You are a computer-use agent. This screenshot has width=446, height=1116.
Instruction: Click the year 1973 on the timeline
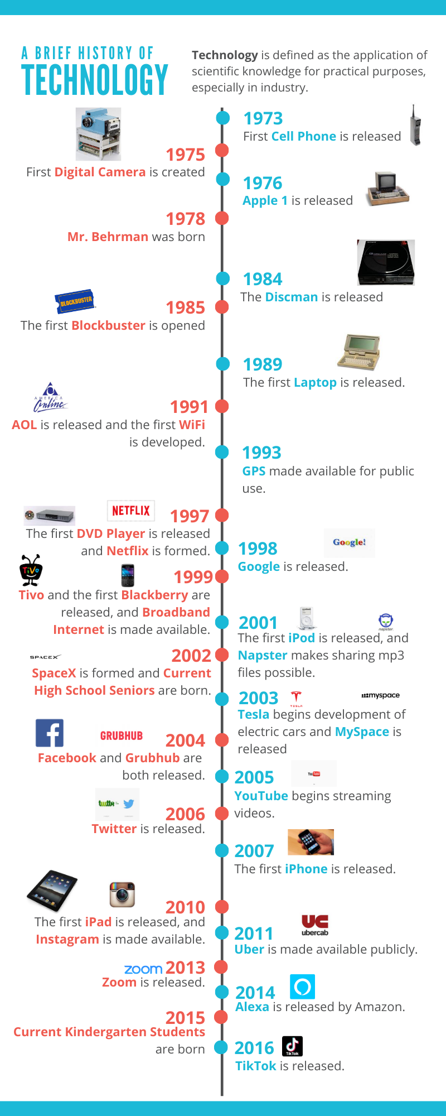pyautogui.click(x=263, y=119)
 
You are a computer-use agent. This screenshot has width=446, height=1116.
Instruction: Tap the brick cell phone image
pyautogui.click(x=415, y=126)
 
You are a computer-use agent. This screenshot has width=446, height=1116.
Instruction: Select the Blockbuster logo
pyautogui.click(x=75, y=301)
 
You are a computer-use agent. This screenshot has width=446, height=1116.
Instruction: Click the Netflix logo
pyautogui.click(x=131, y=511)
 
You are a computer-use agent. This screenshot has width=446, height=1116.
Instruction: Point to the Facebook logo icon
pyautogui.click(x=50, y=733)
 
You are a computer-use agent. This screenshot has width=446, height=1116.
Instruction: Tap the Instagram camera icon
pyautogui.click(x=122, y=894)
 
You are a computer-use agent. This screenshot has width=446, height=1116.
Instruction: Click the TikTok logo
pyautogui.click(x=292, y=1046)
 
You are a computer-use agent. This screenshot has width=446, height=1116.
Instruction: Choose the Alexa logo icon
pyautogui.click(x=302, y=987)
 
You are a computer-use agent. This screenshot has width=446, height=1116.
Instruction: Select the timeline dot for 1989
pyautogui.click(x=222, y=364)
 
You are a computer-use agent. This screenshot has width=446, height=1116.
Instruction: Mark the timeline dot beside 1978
pyautogui.click(x=222, y=218)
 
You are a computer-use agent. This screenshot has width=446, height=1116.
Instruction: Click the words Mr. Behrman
pyautogui.click(x=108, y=237)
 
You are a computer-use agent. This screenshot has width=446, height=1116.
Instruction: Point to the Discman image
pyautogui.click(x=386, y=263)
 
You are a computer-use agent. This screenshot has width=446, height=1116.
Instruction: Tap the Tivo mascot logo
pyautogui.click(x=31, y=570)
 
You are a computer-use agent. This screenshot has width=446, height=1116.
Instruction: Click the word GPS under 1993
pyautogui.click(x=254, y=471)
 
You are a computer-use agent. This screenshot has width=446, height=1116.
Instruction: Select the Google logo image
pyautogui.click(x=350, y=542)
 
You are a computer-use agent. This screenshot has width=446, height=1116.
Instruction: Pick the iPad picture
pyautogui.click(x=52, y=891)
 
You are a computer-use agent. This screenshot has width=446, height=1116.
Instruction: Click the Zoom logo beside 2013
pyautogui.click(x=143, y=969)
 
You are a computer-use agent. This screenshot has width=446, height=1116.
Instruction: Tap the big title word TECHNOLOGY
pyautogui.click(x=95, y=80)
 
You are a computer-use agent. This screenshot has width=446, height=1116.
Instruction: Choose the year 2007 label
pyautogui.click(x=254, y=851)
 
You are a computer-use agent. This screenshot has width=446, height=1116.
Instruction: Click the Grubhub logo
pyautogui.click(x=122, y=736)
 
